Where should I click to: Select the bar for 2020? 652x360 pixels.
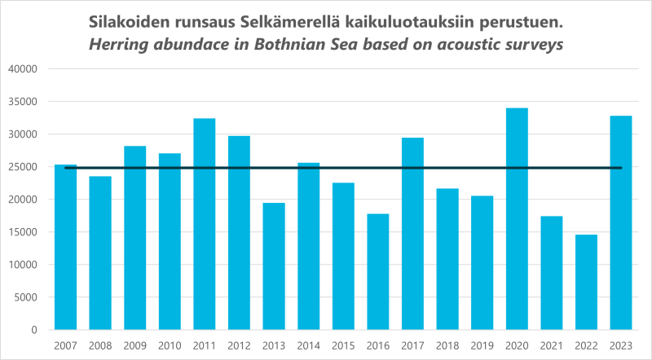(x=517, y=220)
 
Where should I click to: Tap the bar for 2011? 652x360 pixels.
(x=205, y=224)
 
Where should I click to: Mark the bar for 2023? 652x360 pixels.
(x=621, y=223)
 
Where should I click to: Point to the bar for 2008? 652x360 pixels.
(x=100, y=253)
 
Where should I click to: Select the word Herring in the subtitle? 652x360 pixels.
(x=121, y=46)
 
